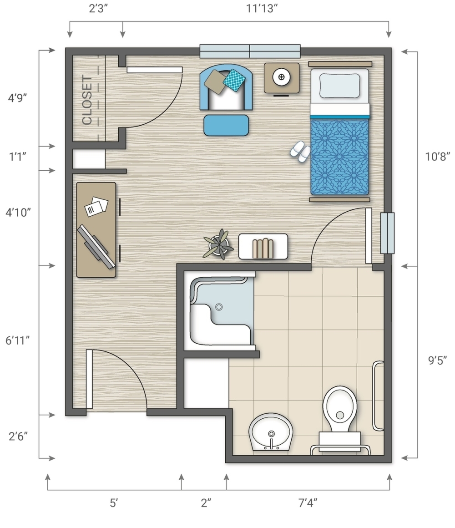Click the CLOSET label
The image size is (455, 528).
click(87, 100)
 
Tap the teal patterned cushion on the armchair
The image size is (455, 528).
click(234, 80)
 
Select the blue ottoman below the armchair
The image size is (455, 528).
click(226, 125)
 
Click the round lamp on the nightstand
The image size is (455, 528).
click(281, 77)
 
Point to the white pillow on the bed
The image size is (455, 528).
click(339, 86)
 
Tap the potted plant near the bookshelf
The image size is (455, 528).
click(219, 244)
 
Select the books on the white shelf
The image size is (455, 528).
click(263, 248)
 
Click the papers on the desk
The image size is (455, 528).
click(96, 206)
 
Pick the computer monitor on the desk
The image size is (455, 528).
click(96, 247)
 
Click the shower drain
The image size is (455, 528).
click(219, 307)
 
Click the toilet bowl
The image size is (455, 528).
click(339, 409)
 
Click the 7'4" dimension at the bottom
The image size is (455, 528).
click(308, 503)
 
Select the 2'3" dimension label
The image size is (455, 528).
click(98, 8)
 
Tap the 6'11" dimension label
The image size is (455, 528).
click(17, 340)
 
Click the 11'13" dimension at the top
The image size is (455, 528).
click(262, 8)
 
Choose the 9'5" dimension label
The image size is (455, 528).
click(438, 360)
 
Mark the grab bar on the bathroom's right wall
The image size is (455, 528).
click(378, 396)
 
